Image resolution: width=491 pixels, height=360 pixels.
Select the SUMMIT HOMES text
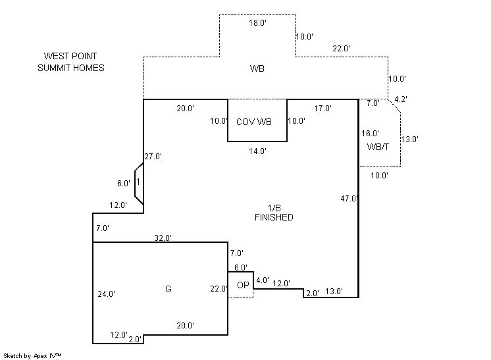[x=71, y=68]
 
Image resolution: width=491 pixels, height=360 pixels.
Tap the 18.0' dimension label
[x=257, y=23]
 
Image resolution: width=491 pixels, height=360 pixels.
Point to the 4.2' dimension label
[x=401, y=99]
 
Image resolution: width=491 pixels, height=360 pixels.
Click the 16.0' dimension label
[x=372, y=133]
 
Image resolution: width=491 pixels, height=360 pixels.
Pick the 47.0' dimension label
[x=349, y=198]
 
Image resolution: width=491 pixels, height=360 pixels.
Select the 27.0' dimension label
[x=153, y=157]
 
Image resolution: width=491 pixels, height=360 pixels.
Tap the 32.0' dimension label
[x=162, y=238]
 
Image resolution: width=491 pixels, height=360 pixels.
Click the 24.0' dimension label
[x=105, y=294]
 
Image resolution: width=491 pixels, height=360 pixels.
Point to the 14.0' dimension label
[x=257, y=151]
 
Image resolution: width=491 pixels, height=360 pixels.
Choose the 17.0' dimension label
[x=323, y=108]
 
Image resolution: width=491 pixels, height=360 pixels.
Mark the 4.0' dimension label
[x=263, y=280]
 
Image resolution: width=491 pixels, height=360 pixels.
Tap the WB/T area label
[x=378, y=146]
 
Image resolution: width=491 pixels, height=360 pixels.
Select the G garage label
[x=168, y=289]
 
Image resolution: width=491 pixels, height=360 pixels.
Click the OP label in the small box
[x=243, y=285]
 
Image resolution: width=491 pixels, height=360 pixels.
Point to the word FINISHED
[x=274, y=217]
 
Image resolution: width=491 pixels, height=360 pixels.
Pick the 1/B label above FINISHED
[x=274, y=208]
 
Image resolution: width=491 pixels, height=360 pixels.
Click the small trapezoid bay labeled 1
[x=139, y=181]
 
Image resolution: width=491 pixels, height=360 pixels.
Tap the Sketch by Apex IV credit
[x=33, y=355]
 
